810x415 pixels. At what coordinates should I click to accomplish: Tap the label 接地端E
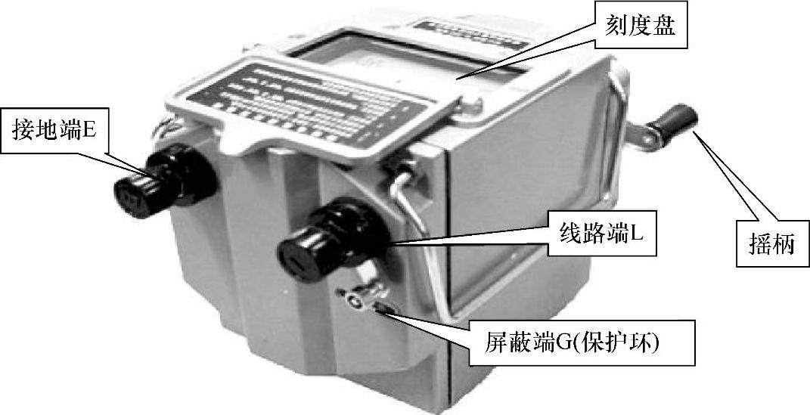click(54, 130)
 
